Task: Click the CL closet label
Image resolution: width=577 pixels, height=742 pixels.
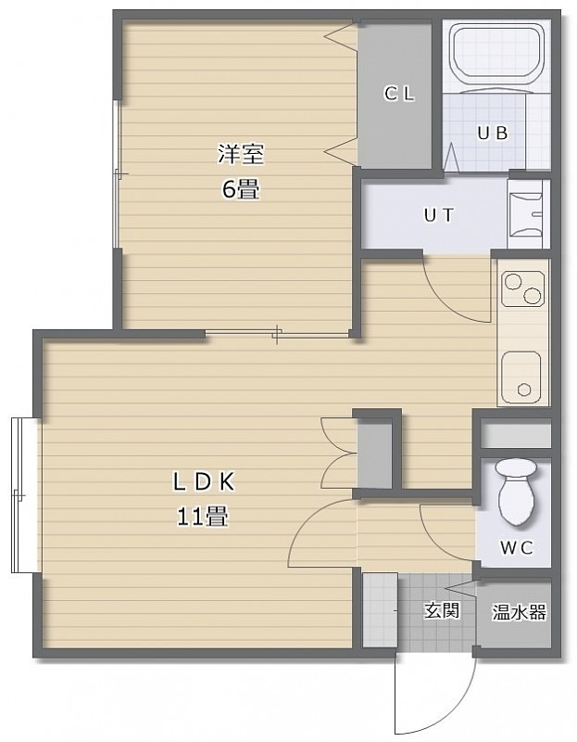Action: [399, 94]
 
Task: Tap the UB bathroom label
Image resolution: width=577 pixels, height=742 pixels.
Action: [493, 134]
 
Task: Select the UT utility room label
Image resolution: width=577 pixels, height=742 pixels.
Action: [439, 215]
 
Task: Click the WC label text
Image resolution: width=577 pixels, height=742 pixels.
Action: [517, 548]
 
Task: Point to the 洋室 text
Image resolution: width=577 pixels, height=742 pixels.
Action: [241, 154]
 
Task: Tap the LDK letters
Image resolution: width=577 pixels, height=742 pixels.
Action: [204, 482]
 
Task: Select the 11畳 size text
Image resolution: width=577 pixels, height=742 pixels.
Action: [202, 516]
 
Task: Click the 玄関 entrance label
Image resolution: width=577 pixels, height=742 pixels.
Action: [442, 610]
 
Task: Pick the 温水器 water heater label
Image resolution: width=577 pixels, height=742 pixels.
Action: [519, 612]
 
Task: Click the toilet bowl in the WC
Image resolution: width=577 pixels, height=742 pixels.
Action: [516, 493]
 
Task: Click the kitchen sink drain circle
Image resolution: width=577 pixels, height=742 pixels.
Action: [524, 390]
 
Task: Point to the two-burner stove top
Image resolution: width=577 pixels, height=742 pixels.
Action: [522, 288]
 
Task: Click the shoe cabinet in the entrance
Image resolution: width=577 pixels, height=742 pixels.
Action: [380, 609]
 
